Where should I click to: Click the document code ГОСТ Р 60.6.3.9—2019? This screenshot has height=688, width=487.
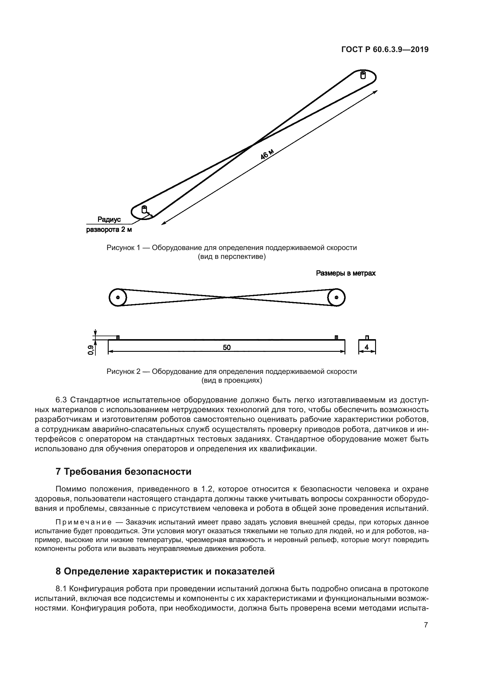[x=385, y=50]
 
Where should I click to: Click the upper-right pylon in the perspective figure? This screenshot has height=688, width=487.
[x=363, y=75]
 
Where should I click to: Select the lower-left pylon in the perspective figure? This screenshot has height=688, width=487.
[x=144, y=209]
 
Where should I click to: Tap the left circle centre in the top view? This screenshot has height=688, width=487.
[x=118, y=297]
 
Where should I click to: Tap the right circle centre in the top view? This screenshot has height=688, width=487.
[x=336, y=297]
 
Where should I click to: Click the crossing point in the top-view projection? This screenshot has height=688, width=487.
[x=228, y=297]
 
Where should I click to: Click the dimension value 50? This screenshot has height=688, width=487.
[x=227, y=347]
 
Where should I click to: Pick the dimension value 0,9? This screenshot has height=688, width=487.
[x=90, y=349]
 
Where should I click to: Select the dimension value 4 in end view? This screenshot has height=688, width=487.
[x=367, y=347]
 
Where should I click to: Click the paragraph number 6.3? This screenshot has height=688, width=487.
[x=62, y=400]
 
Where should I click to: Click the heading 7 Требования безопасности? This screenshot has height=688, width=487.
[x=123, y=472]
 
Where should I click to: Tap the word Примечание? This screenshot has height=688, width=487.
[x=84, y=522]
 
